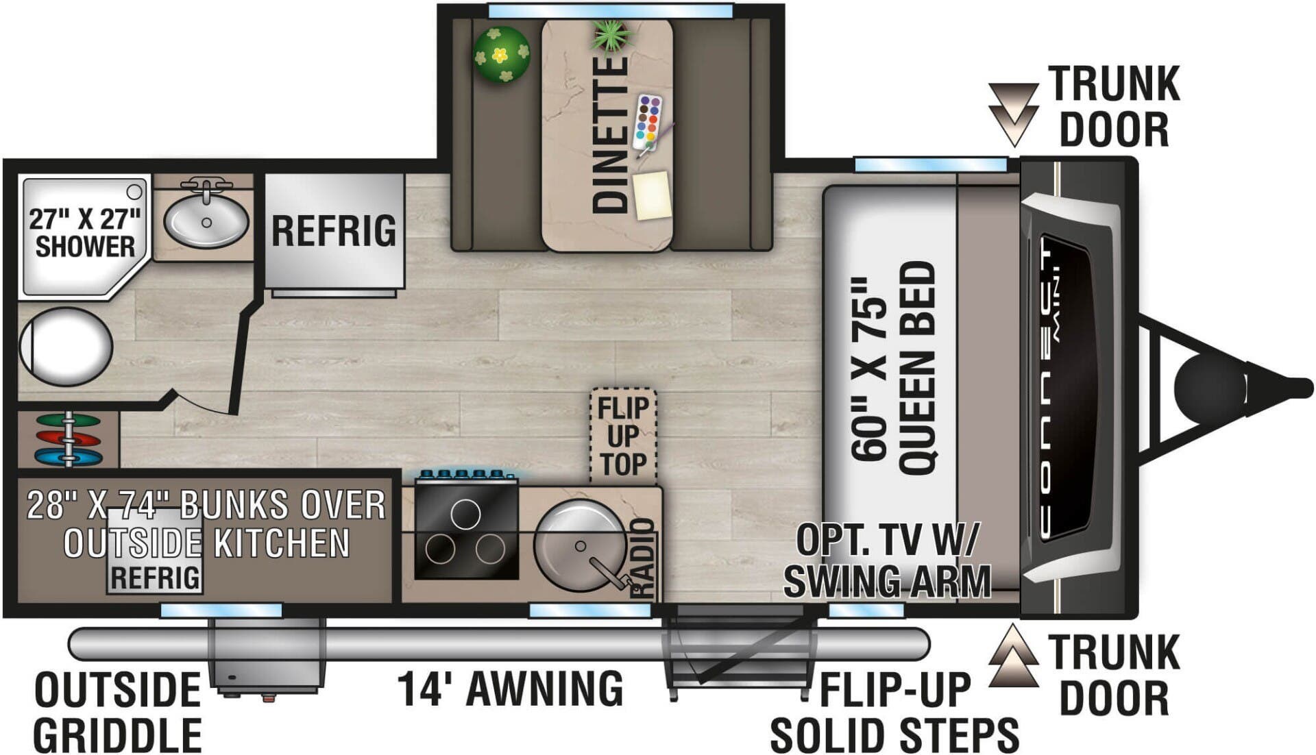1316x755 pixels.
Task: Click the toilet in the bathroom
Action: click(65, 347)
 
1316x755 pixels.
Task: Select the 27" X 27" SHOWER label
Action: click(85, 233)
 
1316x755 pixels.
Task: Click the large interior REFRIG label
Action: click(334, 230)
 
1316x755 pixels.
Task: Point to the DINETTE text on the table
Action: click(609, 134)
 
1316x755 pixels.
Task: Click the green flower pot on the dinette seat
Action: click(502, 55)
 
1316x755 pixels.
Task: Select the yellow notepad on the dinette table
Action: click(651, 195)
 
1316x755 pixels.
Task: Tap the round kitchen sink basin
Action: click(579, 545)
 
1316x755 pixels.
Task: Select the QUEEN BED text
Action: click(916, 368)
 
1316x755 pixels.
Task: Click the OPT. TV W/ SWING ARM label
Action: click(888, 560)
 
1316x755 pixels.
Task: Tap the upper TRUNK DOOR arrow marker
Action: click(1013, 113)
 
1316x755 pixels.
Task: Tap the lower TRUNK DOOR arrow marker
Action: click(1013, 656)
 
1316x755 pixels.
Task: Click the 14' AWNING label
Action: click(511, 689)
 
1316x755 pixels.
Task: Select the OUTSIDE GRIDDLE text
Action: click(117, 713)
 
